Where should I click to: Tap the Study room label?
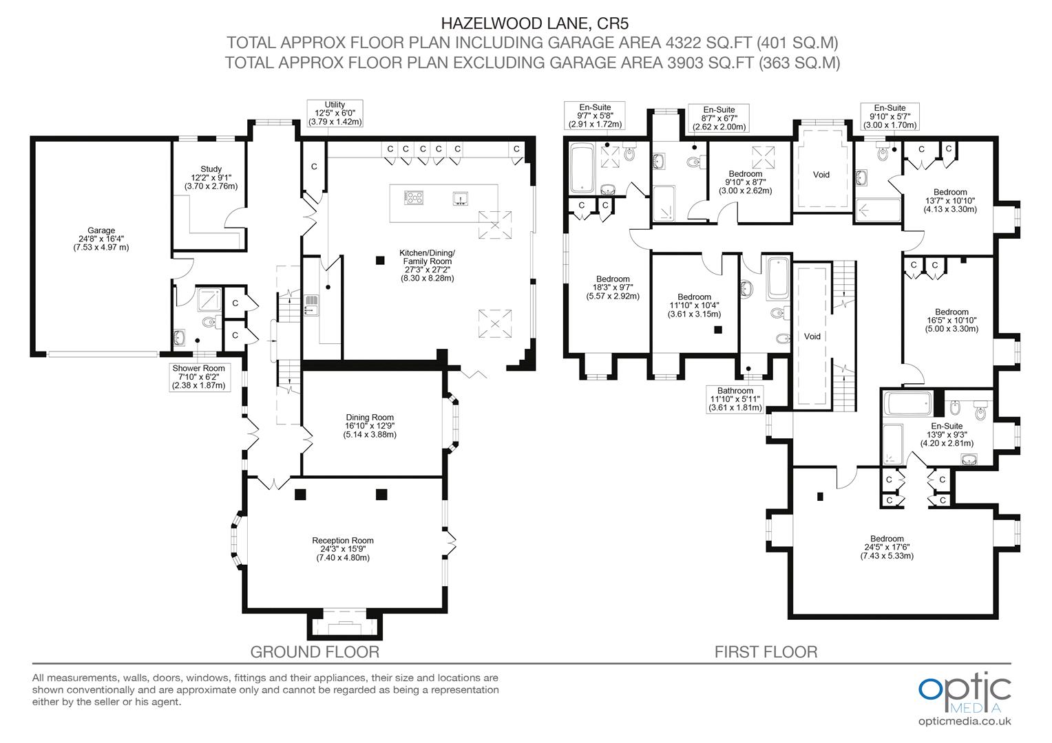211,177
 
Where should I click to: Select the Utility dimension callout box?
335,113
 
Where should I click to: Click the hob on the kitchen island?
413,198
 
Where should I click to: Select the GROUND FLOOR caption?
315,651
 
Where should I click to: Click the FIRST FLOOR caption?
766,651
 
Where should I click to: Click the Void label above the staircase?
812,336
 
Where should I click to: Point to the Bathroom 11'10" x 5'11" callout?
735,399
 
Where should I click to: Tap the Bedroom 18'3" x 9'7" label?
613,288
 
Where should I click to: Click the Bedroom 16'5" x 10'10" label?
951,320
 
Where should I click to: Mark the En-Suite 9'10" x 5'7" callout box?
890,116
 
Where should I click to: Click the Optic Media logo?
965,693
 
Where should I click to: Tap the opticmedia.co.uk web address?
965,721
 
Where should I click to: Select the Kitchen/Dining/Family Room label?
427,265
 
